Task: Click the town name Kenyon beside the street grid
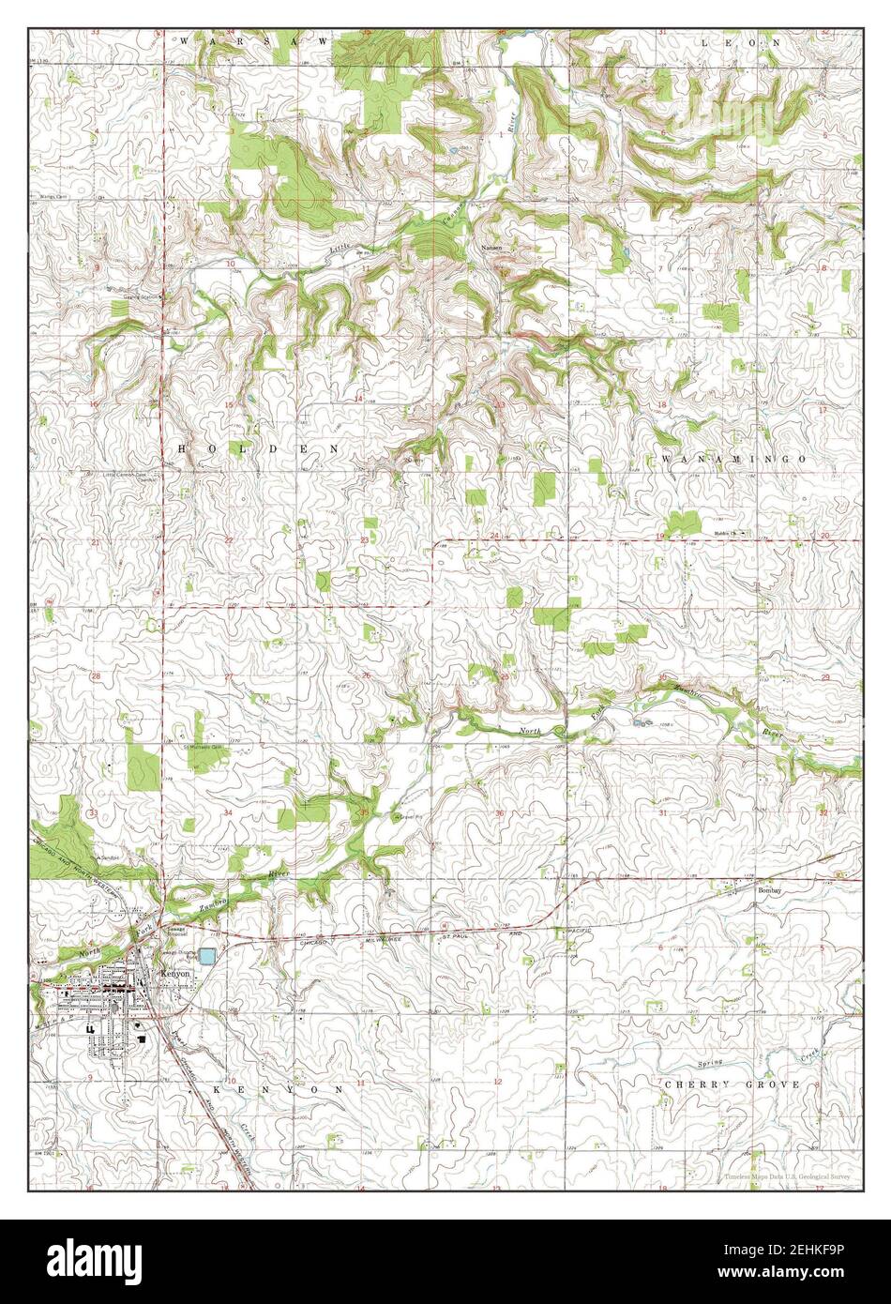[175, 974]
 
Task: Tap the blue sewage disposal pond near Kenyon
[206, 956]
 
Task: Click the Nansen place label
[491, 247]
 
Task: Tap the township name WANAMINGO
[734, 458]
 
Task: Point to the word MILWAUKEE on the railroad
[385, 935]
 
